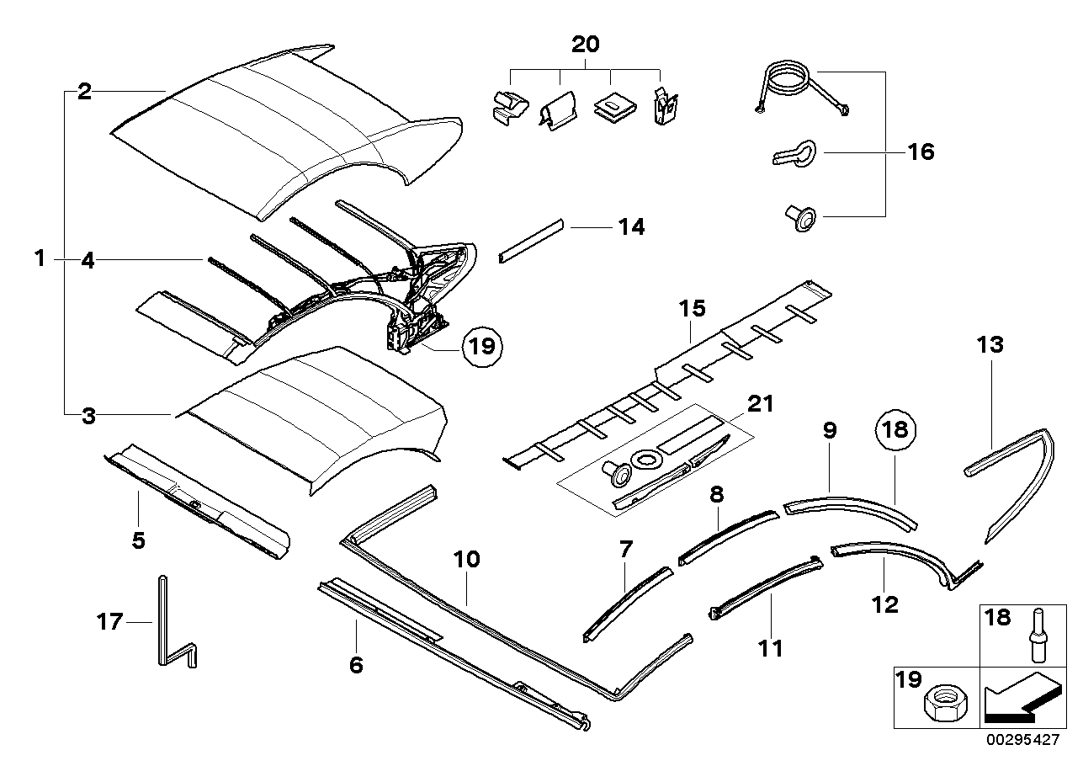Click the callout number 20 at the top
586,44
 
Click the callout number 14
631,226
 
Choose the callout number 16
921,152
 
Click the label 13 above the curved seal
991,344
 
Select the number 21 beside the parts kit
760,403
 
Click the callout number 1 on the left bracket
40,258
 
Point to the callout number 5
138,540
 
